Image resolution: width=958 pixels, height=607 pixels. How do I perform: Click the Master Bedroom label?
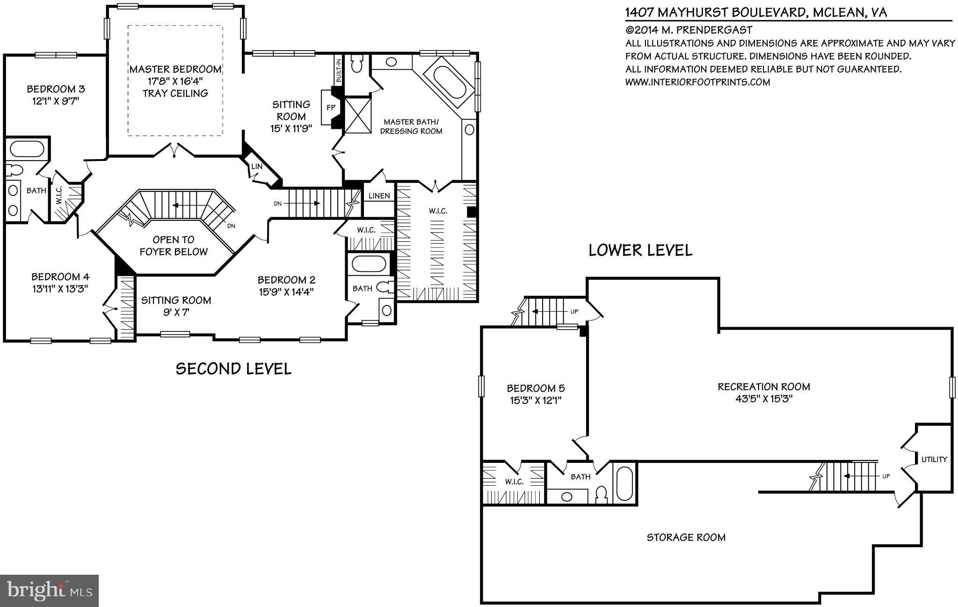175,69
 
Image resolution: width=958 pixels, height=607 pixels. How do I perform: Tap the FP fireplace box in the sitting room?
331,107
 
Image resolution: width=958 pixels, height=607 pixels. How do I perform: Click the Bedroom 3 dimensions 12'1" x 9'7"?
57,102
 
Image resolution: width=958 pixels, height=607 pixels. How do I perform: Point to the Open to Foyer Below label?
174,246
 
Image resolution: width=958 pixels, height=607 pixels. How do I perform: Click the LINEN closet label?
379,196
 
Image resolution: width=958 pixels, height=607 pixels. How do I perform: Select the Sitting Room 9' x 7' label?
176,306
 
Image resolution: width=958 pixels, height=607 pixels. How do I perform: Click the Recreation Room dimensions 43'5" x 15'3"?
763,399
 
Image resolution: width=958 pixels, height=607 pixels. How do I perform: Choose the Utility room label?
934,459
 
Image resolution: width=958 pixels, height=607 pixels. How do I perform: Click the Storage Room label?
686,537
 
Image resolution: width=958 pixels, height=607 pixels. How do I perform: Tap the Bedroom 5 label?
536,388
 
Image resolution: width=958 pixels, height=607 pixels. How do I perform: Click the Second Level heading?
233,368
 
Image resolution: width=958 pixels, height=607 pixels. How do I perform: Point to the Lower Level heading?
640,250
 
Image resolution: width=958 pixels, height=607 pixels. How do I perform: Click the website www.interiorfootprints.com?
697,82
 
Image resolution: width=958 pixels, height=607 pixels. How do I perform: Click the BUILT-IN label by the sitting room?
339,69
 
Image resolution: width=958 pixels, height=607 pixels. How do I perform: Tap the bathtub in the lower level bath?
624,483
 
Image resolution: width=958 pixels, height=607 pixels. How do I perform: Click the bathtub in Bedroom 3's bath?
27,149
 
